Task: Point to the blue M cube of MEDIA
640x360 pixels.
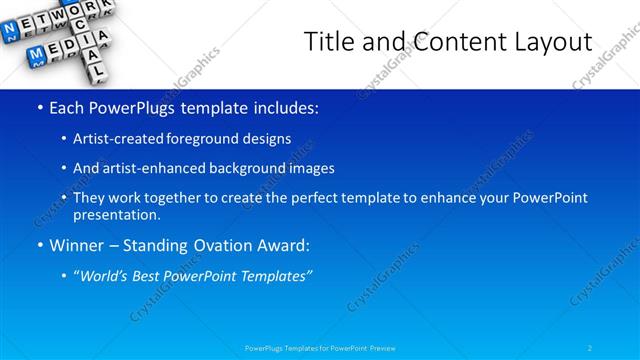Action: pyautogui.click(x=35, y=51)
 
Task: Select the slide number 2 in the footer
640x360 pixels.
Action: pyautogui.click(x=591, y=348)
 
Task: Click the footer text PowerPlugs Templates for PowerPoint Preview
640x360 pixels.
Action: pyautogui.click(x=320, y=348)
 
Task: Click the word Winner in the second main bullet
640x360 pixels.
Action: pyautogui.click(x=75, y=245)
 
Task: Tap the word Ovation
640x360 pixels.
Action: pyautogui.click(x=221, y=245)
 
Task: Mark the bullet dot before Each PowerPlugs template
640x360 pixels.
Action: pyautogui.click(x=38, y=107)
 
